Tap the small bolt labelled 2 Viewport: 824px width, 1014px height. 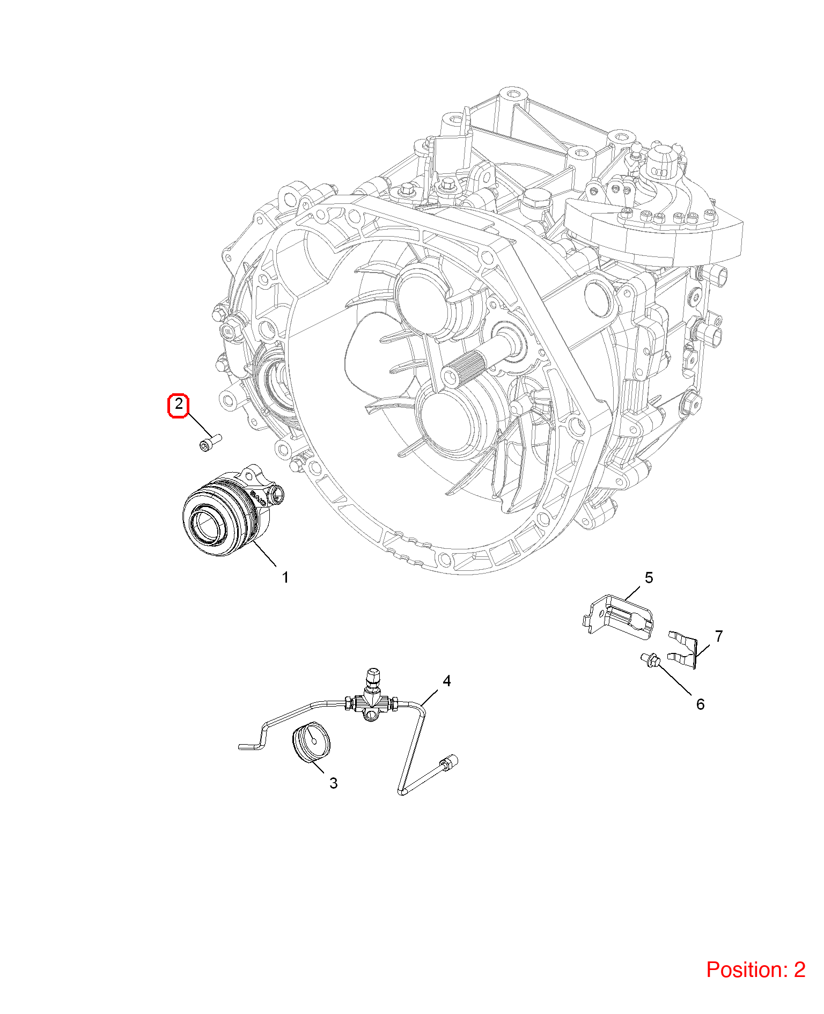(x=210, y=443)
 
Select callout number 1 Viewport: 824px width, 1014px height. (x=285, y=577)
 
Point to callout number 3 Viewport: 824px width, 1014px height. (x=333, y=783)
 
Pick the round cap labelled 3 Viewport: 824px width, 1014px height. (x=311, y=742)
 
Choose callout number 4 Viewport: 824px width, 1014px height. (x=446, y=681)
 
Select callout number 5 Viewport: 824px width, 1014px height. (x=649, y=578)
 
